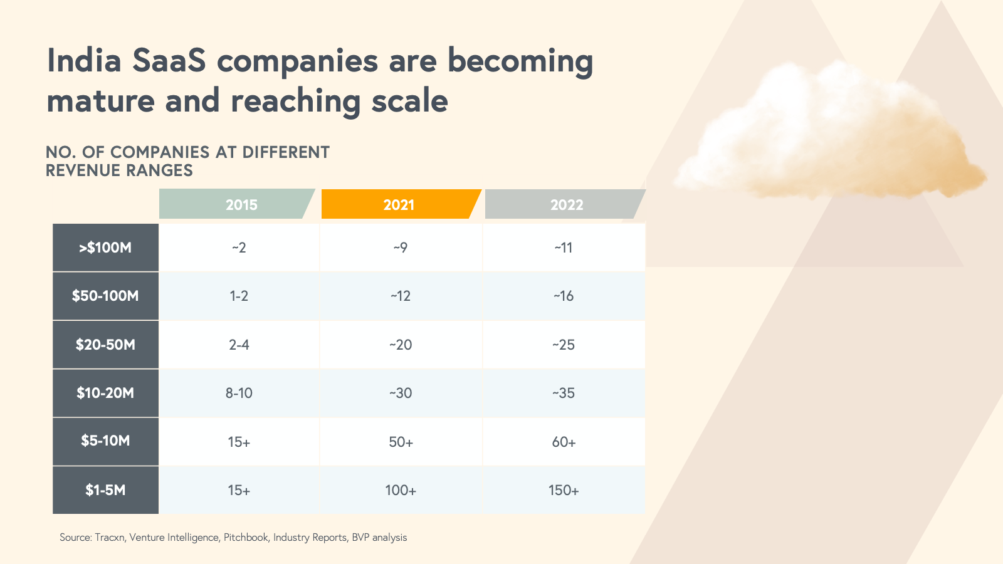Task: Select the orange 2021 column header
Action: (399, 204)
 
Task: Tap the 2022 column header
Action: (565, 204)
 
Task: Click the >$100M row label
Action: (105, 248)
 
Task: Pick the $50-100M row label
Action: (105, 296)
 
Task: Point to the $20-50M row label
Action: (105, 345)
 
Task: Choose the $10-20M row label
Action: (105, 393)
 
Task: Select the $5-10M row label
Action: (105, 441)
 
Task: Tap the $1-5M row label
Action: (105, 490)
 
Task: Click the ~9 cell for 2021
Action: (401, 248)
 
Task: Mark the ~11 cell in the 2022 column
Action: (564, 248)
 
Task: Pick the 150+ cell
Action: (564, 490)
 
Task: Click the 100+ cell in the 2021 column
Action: (401, 490)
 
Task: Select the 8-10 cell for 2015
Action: (239, 393)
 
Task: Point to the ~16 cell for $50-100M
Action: (564, 296)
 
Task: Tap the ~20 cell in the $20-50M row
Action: (401, 345)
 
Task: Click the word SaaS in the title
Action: (169, 61)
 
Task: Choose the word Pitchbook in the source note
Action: (246, 538)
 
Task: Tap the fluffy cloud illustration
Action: (827, 135)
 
